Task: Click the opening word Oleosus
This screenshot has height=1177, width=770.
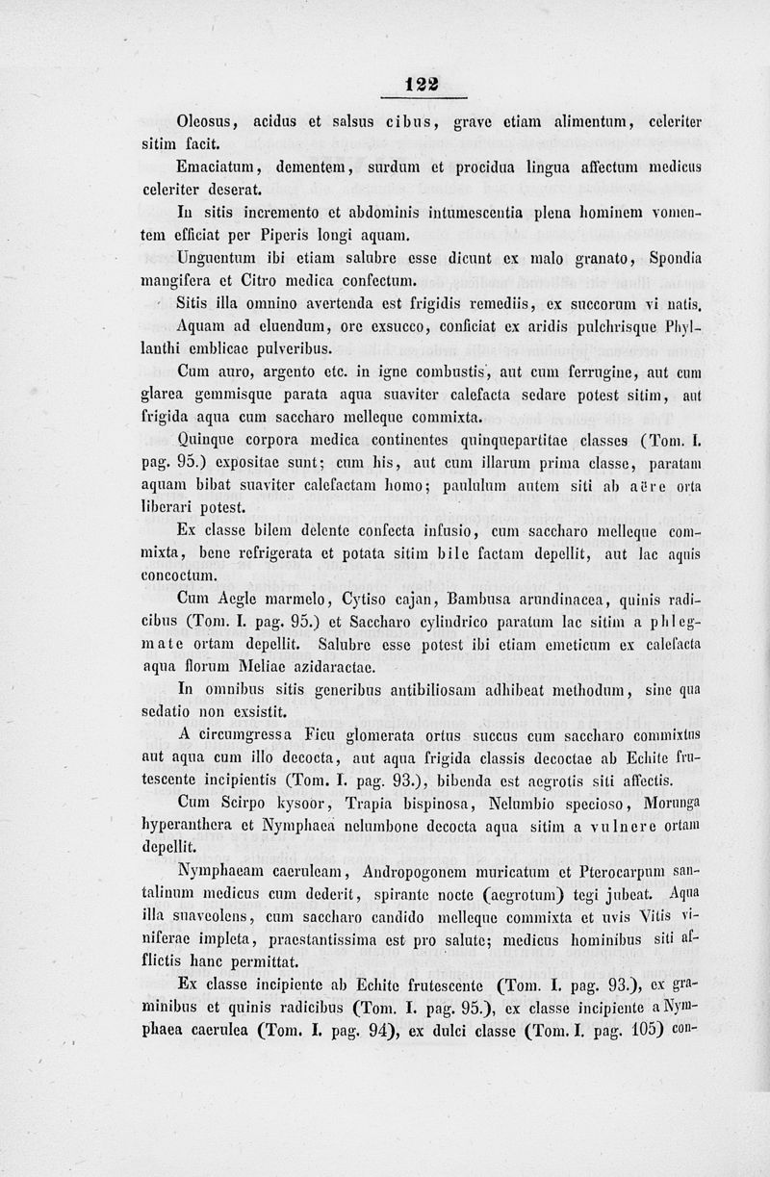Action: [206, 122]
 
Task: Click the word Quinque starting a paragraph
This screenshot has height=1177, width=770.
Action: [206, 441]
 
